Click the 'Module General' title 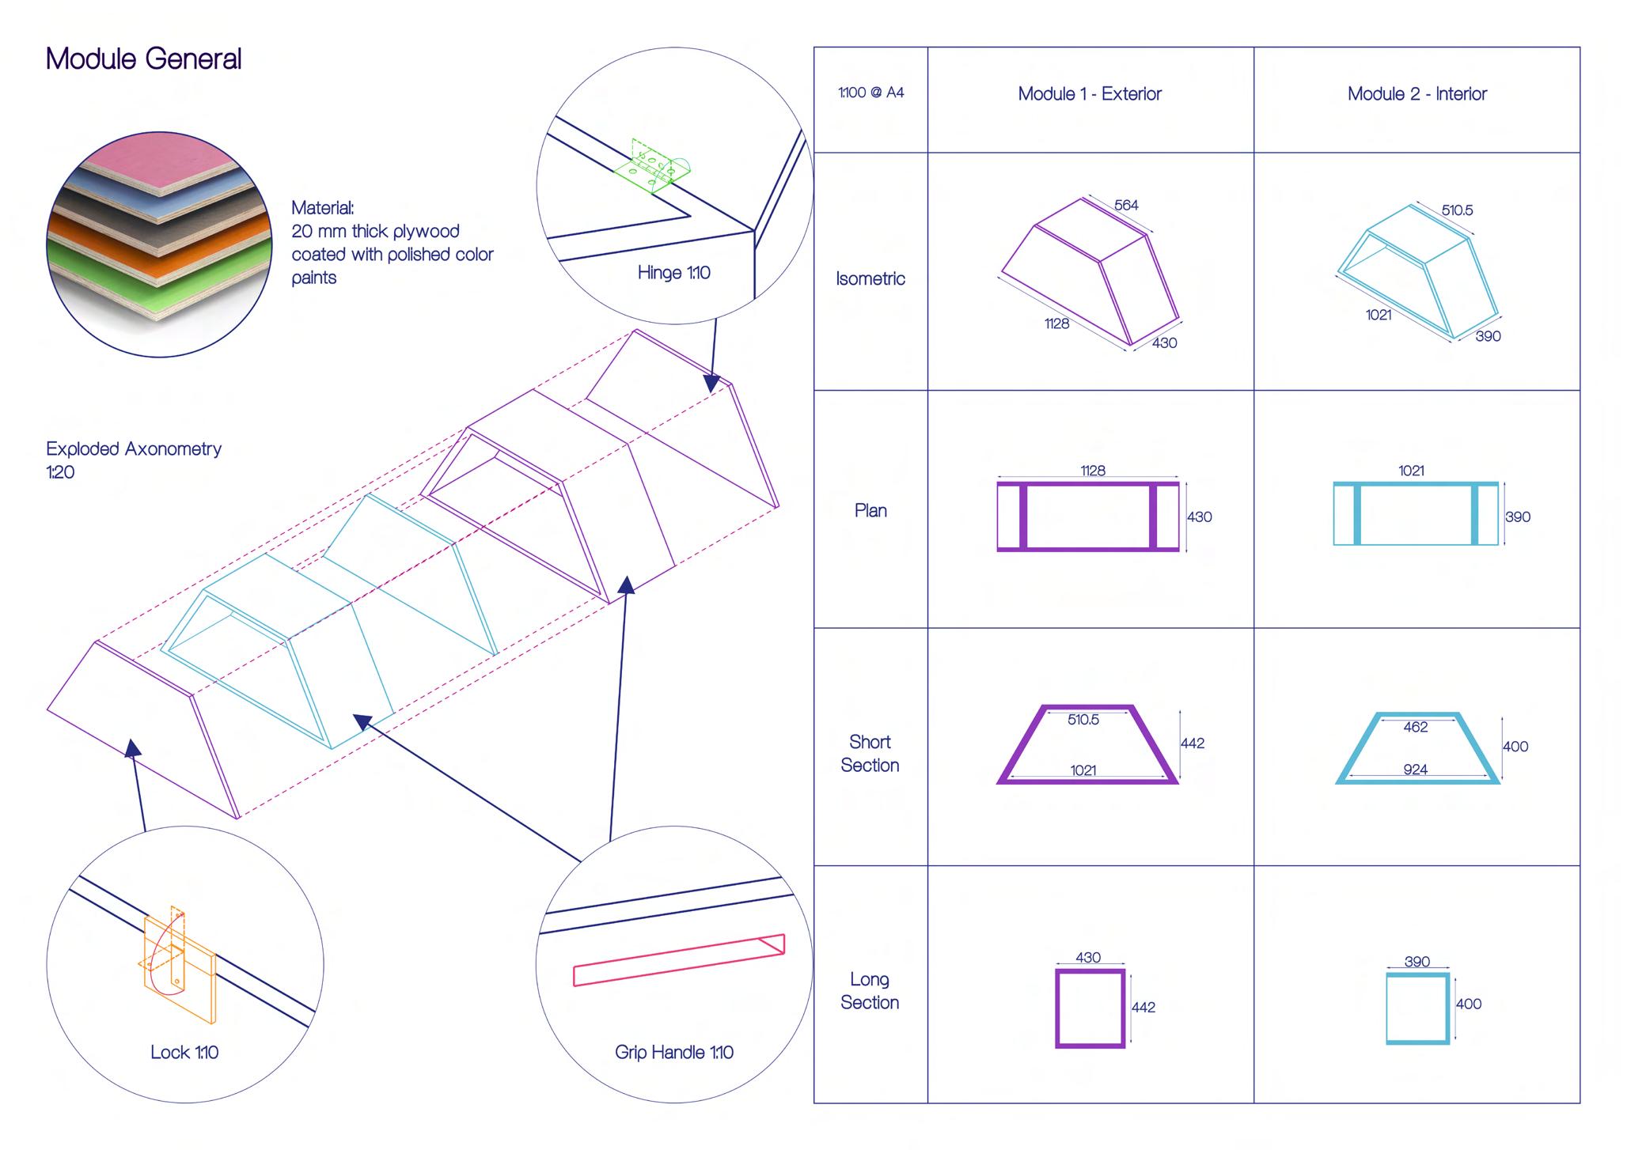(143, 59)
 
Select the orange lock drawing (177, 962)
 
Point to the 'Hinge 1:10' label (673, 273)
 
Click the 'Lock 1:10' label (184, 1052)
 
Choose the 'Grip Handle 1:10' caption (673, 1052)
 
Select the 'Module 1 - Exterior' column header (1089, 94)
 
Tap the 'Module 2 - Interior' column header (1417, 94)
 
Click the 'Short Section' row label (870, 753)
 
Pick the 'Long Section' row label (870, 990)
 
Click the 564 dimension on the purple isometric (1126, 206)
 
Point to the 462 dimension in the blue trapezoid (1415, 727)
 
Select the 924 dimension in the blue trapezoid (1415, 769)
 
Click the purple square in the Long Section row (1090, 1008)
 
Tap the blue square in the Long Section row (1417, 1008)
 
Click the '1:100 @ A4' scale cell (870, 93)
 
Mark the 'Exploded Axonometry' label (134, 449)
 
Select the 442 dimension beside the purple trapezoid (1192, 743)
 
